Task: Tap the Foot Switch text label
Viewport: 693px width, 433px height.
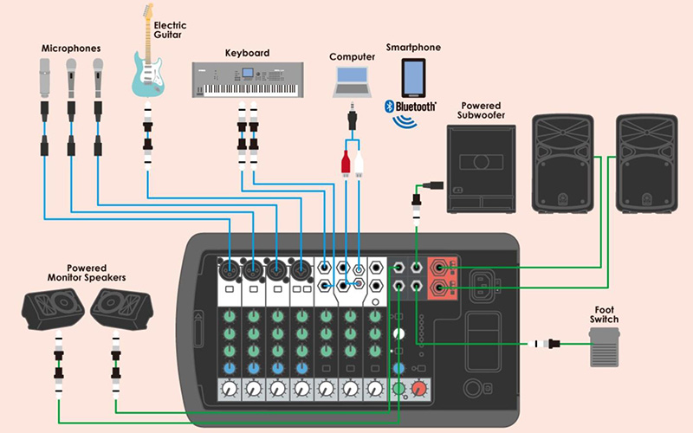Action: click(x=606, y=313)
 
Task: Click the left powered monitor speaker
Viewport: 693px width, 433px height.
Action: click(x=53, y=309)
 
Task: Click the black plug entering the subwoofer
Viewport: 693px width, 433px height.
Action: click(x=434, y=184)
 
